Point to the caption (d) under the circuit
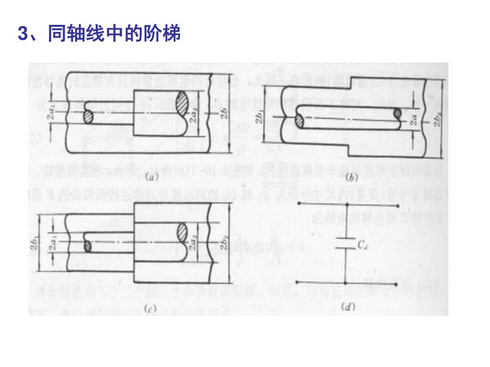coord(348,306)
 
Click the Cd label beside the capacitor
coord(362,245)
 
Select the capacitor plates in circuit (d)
coord(346,243)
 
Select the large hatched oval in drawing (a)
coord(182,102)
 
